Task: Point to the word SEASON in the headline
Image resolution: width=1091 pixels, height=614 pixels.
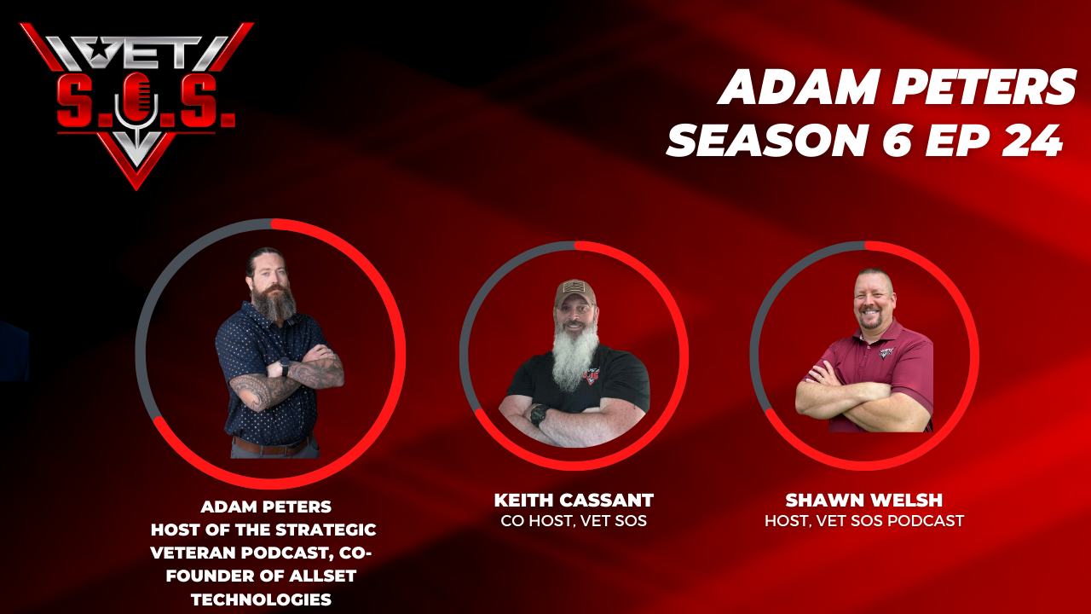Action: pyautogui.click(x=768, y=141)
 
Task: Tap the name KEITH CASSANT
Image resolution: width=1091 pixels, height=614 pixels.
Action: pyautogui.click(x=574, y=500)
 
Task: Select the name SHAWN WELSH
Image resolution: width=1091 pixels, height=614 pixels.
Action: pyautogui.click(x=864, y=500)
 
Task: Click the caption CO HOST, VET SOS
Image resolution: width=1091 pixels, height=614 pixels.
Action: pyautogui.click(x=574, y=521)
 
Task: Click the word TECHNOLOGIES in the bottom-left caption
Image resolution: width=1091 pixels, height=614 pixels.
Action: pyautogui.click(x=261, y=600)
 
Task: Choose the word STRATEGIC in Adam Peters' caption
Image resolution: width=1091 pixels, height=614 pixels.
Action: pyautogui.click(x=326, y=530)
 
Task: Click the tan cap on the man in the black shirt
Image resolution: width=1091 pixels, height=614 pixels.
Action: pyautogui.click(x=575, y=293)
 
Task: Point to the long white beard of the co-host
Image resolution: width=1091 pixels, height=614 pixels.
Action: pyautogui.click(x=575, y=356)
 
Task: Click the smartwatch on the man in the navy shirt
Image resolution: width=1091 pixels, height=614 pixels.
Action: pyautogui.click(x=284, y=367)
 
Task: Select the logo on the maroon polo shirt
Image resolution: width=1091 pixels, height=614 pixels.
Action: pyautogui.click(x=887, y=352)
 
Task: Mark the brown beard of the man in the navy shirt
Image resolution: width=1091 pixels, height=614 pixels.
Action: pyautogui.click(x=274, y=302)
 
